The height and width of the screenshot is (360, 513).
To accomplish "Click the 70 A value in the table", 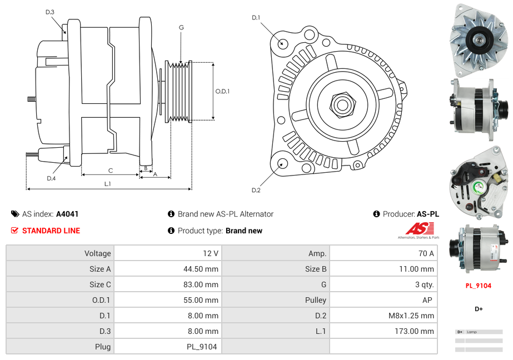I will tap(426, 253).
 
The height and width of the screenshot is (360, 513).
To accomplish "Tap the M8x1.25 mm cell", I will tap(411, 316).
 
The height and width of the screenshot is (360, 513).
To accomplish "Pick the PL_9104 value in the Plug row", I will tap(202, 347).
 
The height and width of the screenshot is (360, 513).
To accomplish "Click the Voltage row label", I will tap(97, 253).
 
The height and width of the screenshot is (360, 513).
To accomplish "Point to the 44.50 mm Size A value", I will tap(201, 269).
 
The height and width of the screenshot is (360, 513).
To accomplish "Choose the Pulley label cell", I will tap(316, 300).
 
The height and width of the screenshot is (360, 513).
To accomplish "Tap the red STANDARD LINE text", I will tap(51, 231).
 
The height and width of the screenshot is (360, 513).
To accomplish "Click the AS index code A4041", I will tap(67, 214).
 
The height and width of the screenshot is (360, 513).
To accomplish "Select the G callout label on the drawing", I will tap(181, 27).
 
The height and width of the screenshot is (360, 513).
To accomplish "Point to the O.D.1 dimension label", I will tap(222, 91).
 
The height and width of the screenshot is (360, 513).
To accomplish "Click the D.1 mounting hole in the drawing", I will tap(282, 43).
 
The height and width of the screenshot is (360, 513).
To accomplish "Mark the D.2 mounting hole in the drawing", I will tap(282, 163).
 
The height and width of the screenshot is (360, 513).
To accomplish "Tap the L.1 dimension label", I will tap(108, 183).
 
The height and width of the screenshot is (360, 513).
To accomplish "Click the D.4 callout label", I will tap(51, 178).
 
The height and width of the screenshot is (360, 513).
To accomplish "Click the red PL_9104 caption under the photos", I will tap(479, 286).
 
